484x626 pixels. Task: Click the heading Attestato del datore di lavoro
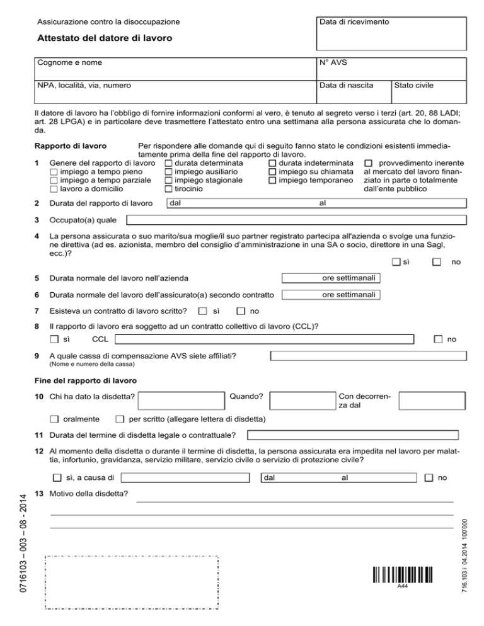click(105, 38)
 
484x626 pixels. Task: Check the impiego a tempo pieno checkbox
click(54, 171)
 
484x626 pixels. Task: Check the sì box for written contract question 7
click(202, 311)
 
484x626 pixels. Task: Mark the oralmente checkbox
click(54, 419)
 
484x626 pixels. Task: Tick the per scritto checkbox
click(119, 419)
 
